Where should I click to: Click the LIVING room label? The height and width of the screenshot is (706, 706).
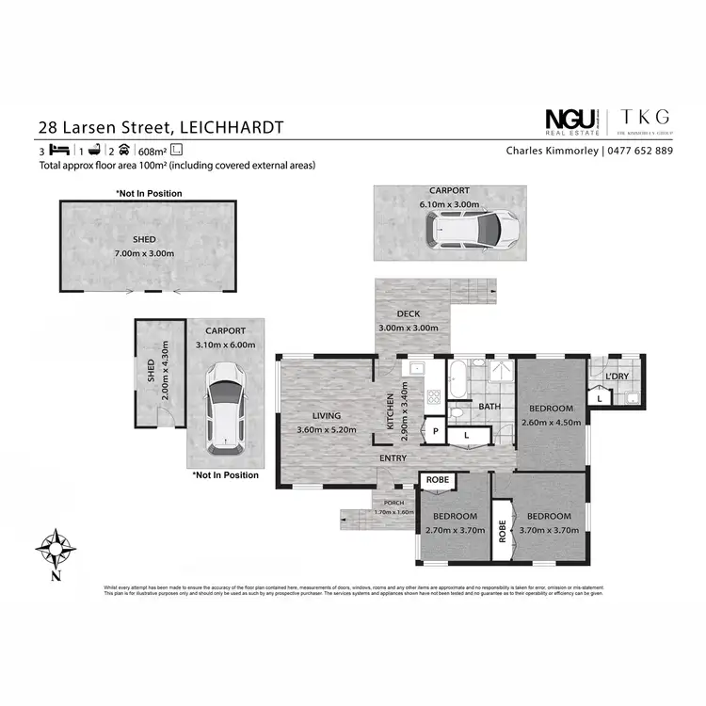pyautogui.click(x=327, y=415)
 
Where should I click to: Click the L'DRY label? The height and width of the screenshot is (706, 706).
pyautogui.click(x=617, y=377)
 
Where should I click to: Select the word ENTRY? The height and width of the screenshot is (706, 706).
pyautogui.click(x=393, y=458)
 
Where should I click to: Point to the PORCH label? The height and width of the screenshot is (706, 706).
pyautogui.click(x=394, y=503)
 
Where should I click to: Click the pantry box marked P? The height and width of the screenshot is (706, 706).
pyautogui.click(x=435, y=430)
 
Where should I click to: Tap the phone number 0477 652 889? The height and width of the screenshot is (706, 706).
pyautogui.click(x=639, y=150)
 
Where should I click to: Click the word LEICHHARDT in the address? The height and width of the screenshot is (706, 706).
pyautogui.click(x=231, y=126)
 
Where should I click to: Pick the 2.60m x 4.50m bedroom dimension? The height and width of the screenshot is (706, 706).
pyautogui.click(x=551, y=423)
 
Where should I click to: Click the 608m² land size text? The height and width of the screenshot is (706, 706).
pyautogui.click(x=152, y=151)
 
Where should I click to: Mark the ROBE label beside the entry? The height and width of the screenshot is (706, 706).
pyautogui.click(x=437, y=479)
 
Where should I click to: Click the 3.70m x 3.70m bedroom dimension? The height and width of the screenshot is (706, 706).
pyautogui.click(x=549, y=531)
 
